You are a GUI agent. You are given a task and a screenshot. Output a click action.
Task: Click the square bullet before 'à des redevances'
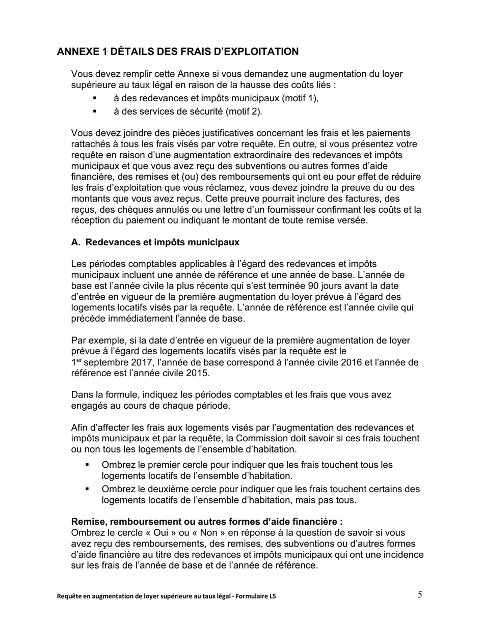coord(94,98)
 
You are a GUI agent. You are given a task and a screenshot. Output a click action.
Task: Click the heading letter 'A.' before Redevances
coord(76,242)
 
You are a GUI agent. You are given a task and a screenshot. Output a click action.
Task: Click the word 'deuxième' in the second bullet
coord(150,490)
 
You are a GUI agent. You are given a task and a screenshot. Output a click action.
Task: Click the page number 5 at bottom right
coord(420,595)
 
